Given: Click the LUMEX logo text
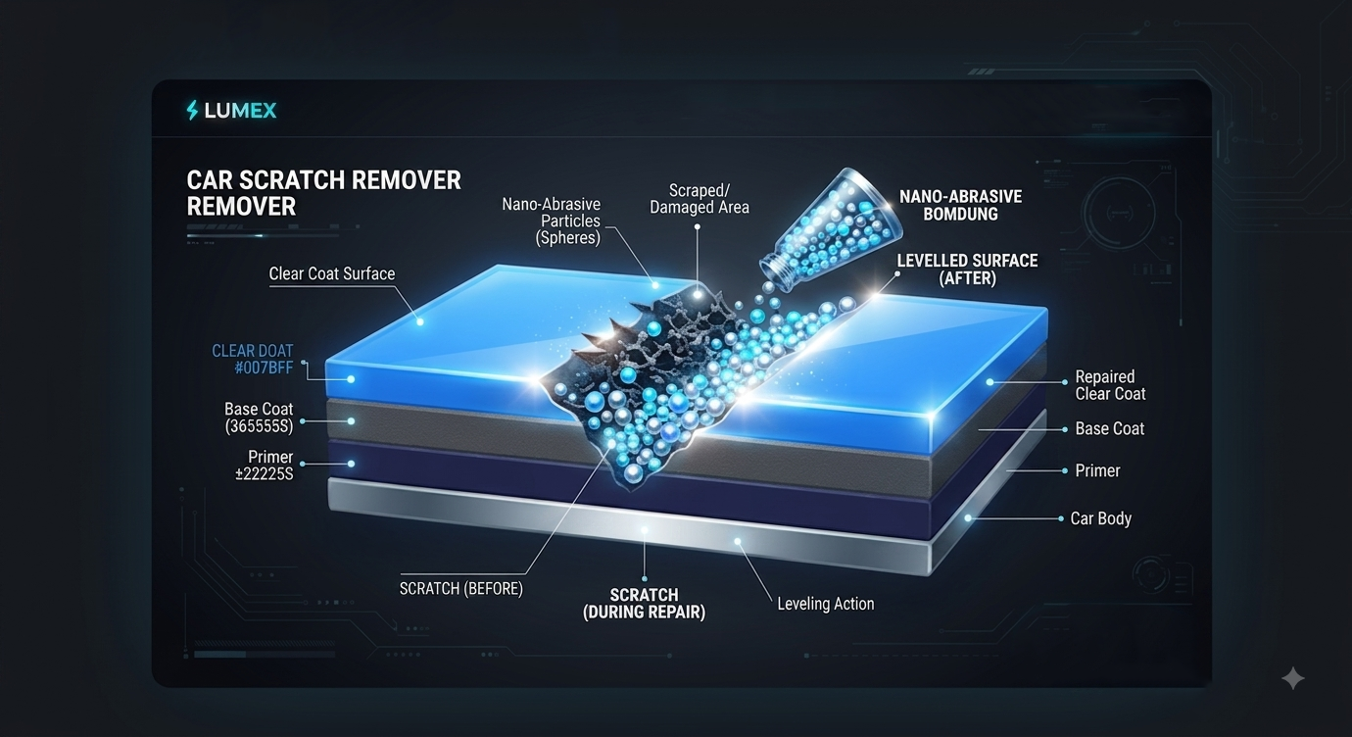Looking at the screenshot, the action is tap(240, 111).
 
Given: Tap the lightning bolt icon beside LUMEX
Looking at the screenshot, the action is tap(192, 111).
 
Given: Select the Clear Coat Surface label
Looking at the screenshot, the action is tap(332, 274).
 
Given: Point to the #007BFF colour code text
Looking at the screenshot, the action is tap(264, 368).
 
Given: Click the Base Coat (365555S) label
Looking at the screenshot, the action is tap(259, 418).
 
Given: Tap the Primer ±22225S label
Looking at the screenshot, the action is tap(265, 466).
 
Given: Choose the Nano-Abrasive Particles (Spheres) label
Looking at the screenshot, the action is tap(551, 221).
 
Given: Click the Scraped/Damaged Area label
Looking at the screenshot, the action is tap(699, 199).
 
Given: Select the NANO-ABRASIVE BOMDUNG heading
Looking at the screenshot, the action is tap(960, 205).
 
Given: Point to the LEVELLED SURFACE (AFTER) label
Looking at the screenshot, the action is tap(967, 270).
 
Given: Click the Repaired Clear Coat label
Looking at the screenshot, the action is tap(1110, 385).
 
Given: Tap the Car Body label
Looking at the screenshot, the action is tap(1101, 518).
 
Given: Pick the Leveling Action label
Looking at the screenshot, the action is tap(825, 604).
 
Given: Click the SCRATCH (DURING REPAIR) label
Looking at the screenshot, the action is tap(644, 604).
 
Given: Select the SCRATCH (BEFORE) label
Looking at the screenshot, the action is tap(461, 588).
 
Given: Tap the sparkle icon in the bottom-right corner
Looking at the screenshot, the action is tap(1293, 678).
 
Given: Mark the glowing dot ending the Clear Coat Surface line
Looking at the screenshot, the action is tap(420, 322).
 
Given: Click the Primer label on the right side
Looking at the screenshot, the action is tap(1097, 470).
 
